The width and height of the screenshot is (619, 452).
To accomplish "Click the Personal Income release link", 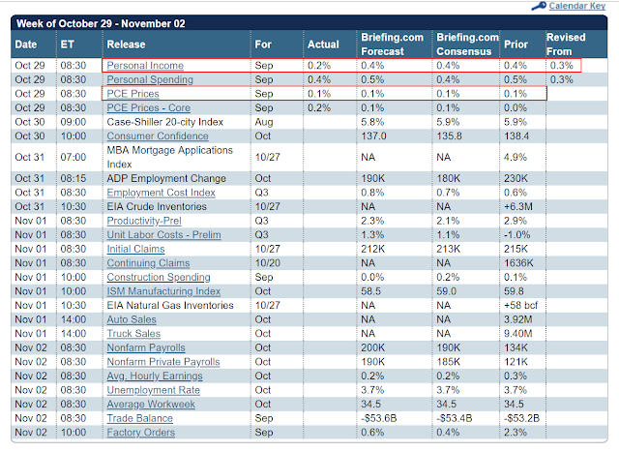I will pos(145,65).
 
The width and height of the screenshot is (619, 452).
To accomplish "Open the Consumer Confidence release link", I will pos(157,136).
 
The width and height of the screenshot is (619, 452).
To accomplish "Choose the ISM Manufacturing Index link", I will pos(163,290).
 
